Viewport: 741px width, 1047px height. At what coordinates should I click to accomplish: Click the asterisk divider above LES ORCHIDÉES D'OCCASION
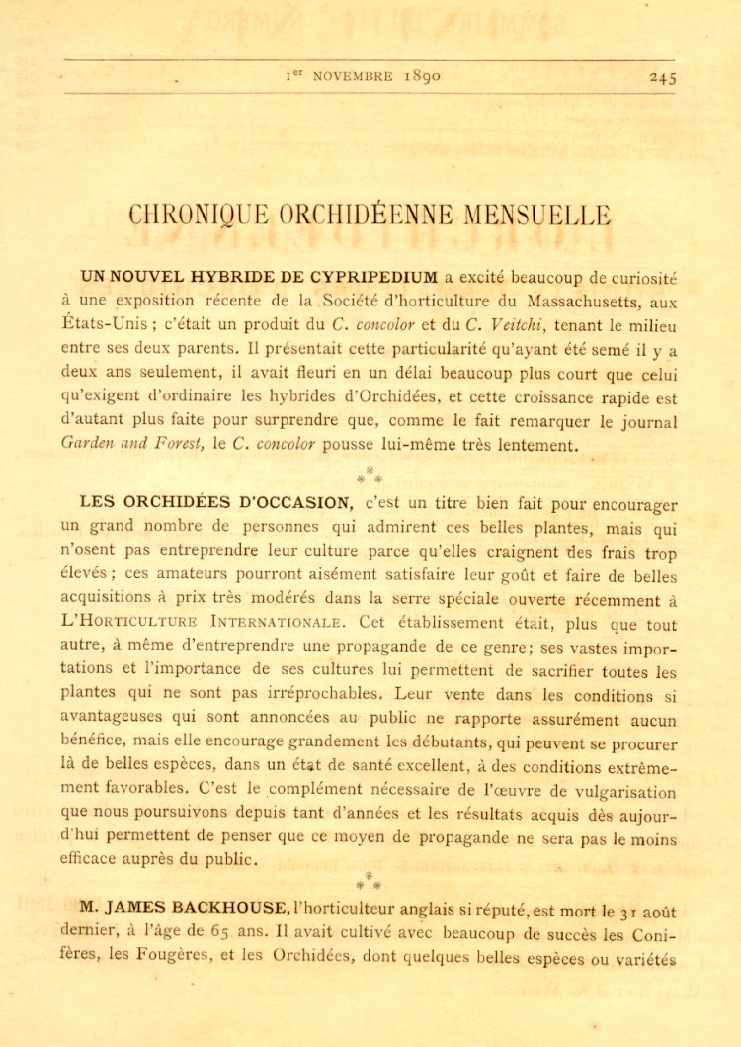click(x=369, y=474)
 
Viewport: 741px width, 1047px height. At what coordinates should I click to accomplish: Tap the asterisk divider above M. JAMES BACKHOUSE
click(x=369, y=880)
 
